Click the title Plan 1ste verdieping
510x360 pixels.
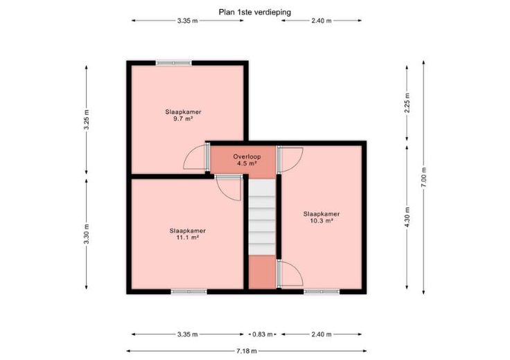pos(255,12)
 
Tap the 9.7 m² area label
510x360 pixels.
pos(183,119)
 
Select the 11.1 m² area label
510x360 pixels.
pos(187,237)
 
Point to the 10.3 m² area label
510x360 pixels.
pos(322,221)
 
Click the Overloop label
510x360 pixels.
pos(247,156)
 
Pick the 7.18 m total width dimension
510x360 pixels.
pos(247,351)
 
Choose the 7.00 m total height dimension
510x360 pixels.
pos(423,177)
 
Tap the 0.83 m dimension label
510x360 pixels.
pos(263,334)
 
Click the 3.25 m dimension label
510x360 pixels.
pos(86,120)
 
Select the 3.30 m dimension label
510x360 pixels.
pos(86,234)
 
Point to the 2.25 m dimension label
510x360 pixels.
pos(407,102)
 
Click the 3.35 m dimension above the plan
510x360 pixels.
pos(188,21)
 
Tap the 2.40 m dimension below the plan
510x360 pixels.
pos(322,334)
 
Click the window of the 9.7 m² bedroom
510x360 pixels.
pos(174,63)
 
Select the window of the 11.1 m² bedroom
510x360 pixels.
pos(189,291)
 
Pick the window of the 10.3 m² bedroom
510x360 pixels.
pos(322,291)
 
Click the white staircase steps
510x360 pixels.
pos(262,217)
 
